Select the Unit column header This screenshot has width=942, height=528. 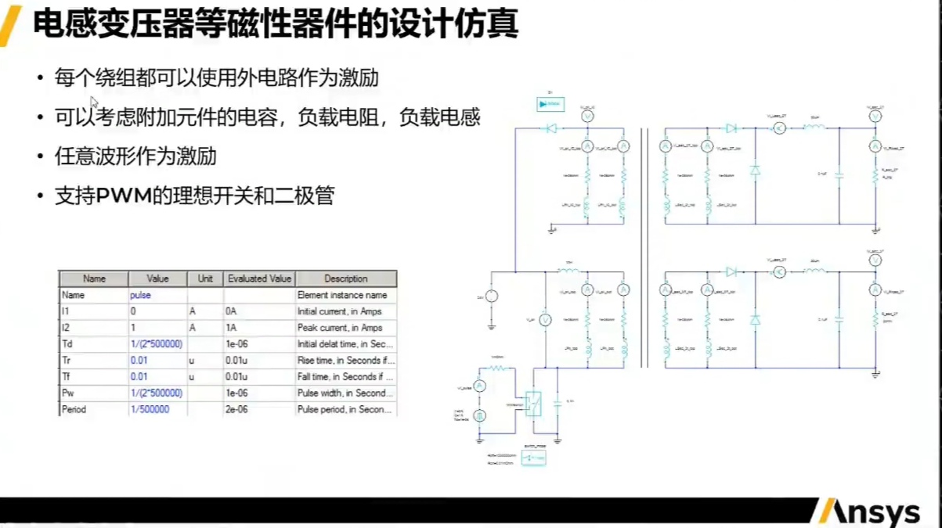[205, 278]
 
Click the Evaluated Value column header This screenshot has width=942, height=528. [259, 278]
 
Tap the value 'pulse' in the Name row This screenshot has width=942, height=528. [141, 296]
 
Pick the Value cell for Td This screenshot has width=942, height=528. [157, 344]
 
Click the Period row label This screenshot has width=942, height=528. [74, 409]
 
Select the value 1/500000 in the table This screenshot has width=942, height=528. [150, 409]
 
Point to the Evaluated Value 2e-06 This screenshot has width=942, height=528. [236, 409]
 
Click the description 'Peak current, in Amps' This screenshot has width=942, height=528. [340, 328]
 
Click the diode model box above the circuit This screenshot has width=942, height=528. [550, 104]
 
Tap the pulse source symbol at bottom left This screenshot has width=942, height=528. [481, 416]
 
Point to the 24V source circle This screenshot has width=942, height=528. [492, 296]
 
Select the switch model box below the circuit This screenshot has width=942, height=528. [533, 458]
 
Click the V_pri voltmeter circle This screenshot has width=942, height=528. [546, 319]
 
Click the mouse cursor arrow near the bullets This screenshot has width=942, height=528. [94, 102]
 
